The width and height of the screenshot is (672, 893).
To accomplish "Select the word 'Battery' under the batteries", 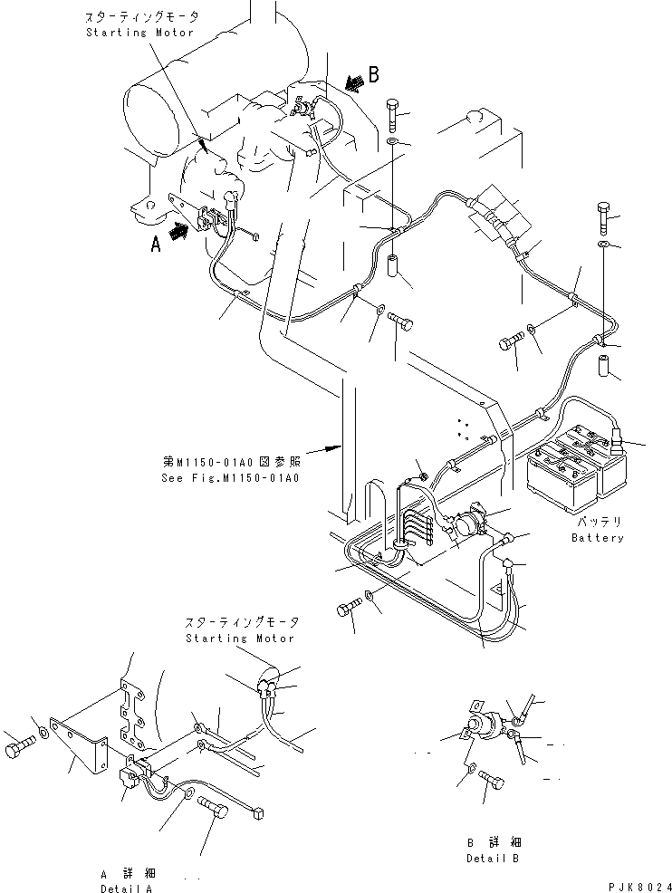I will tap(597, 538).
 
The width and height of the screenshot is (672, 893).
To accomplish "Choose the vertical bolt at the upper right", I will tap(604, 215).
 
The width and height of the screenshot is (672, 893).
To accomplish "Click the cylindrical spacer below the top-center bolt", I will tap(396, 269).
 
